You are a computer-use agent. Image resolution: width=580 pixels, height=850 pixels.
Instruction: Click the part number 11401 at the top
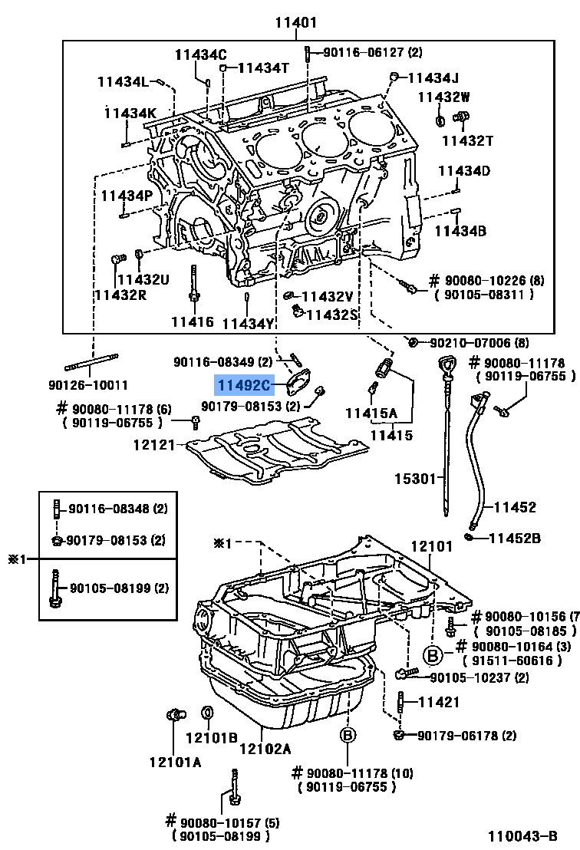296,22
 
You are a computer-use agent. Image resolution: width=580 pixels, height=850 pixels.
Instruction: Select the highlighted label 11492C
243,385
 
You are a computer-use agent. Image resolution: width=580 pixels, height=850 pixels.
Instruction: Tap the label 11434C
201,54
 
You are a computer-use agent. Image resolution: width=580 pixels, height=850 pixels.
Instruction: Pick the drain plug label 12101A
175,762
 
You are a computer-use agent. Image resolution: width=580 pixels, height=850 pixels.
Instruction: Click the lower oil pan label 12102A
265,749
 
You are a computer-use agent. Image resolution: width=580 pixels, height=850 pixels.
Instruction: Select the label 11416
193,321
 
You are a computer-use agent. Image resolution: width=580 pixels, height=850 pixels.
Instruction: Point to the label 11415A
371,413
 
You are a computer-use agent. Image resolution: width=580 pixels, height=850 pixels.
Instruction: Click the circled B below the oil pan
347,735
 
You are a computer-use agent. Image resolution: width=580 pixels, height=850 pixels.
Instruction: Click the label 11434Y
248,323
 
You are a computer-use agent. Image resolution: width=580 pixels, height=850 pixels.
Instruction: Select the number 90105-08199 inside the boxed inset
118,588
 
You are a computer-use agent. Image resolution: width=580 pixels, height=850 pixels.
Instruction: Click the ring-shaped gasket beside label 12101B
206,714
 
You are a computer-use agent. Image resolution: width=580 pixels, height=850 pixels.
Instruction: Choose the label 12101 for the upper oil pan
433,547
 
